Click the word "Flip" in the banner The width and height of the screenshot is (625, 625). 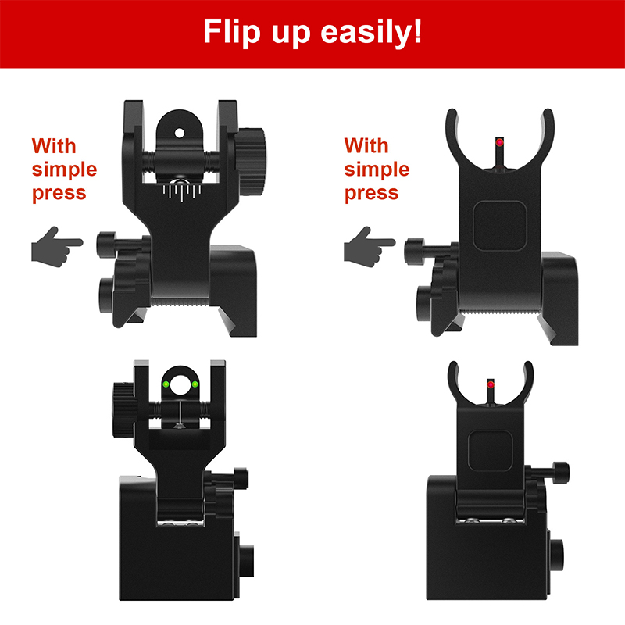click(x=231, y=32)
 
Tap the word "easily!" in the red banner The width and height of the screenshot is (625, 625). click(x=371, y=32)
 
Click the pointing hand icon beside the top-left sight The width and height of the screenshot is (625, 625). click(x=56, y=247)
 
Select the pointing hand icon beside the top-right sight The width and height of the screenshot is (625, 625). click(x=369, y=247)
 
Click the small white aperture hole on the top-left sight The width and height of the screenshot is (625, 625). click(x=180, y=133)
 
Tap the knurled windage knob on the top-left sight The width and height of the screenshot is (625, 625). click(x=250, y=162)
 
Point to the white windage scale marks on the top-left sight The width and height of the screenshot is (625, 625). click(x=182, y=191)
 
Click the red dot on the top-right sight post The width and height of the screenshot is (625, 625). click(x=500, y=142)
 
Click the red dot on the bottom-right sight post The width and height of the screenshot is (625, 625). click(x=491, y=384)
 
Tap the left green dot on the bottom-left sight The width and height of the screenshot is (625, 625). click(x=166, y=384)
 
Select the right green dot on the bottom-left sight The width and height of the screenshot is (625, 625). click(x=195, y=384)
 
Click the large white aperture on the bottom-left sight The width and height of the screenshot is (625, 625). click(x=180, y=384)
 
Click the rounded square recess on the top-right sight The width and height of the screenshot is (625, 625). click(x=500, y=226)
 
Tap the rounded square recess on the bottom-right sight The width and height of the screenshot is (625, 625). click(x=491, y=451)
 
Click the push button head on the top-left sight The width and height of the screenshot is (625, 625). click(x=106, y=245)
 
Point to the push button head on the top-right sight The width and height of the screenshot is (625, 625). click(x=414, y=251)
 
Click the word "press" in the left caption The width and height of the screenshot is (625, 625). click(x=59, y=194)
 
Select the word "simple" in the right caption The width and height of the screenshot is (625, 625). click(x=377, y=170)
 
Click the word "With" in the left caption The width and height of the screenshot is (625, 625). click(x=54, y=146)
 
